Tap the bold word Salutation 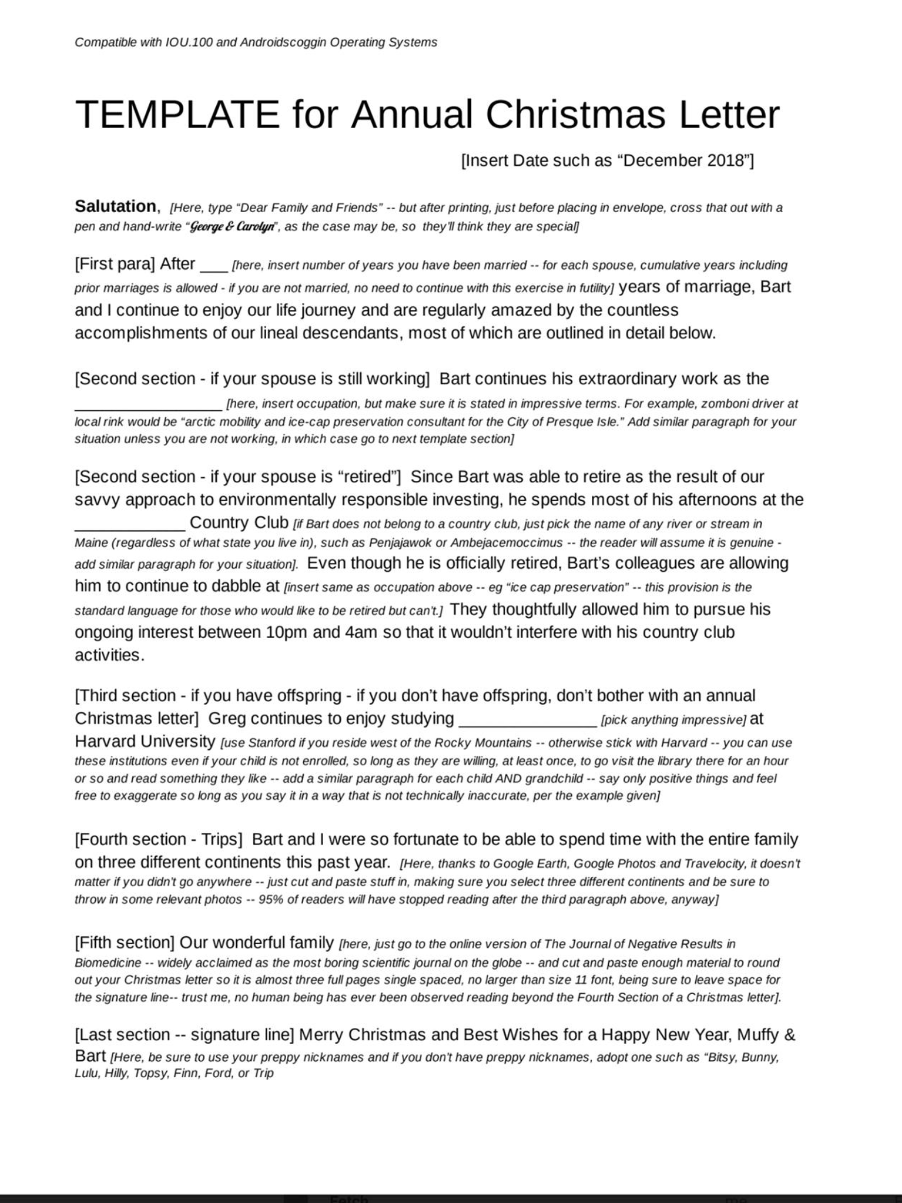pyautogui.click(x=115, y=206)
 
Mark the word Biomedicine pyautogui.click(x=107, y=963)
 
